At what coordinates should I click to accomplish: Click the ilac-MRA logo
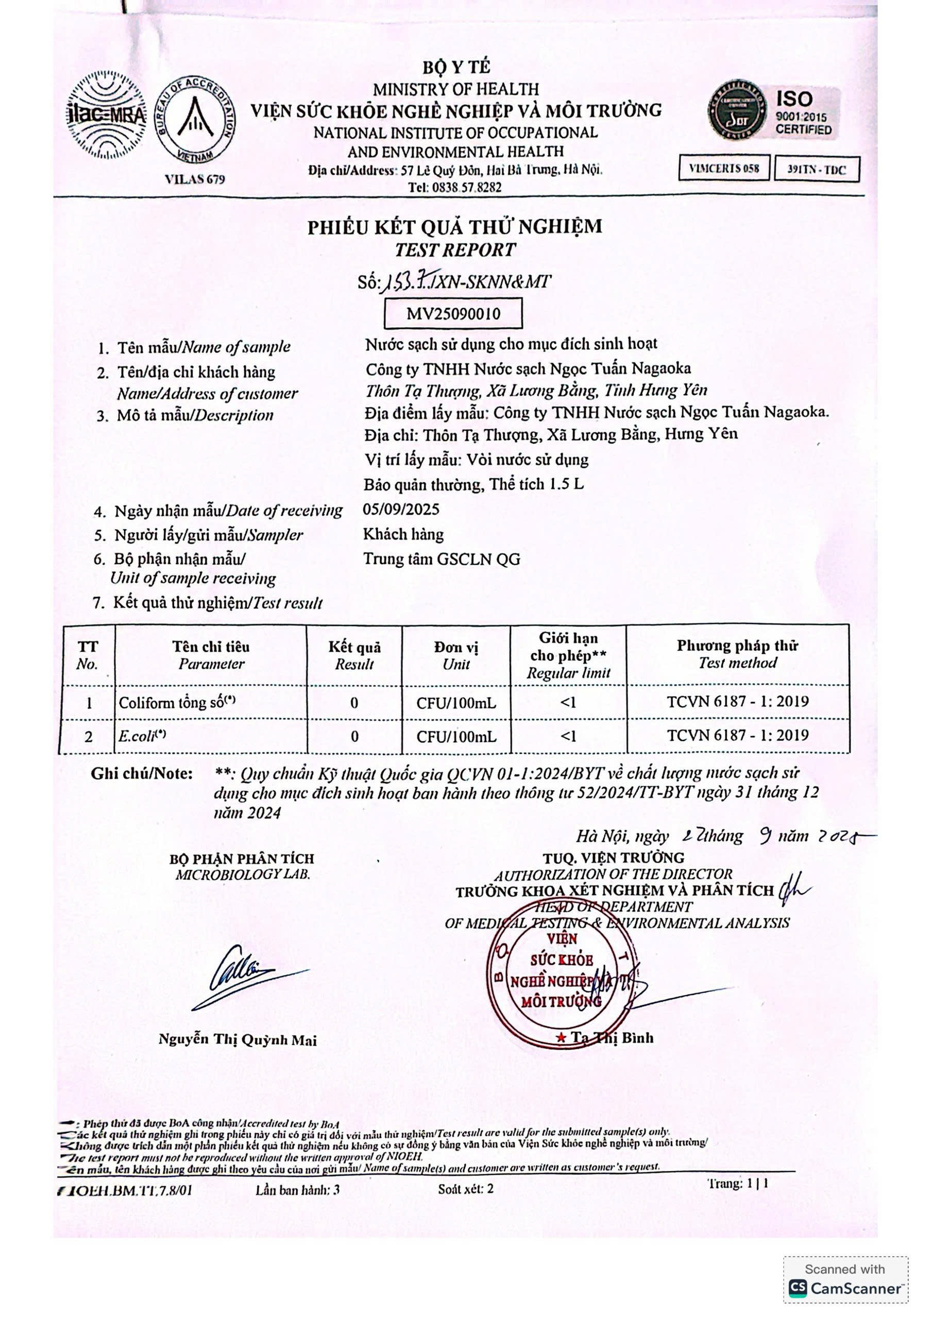pos(106,115)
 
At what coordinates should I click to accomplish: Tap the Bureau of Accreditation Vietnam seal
pos(196,120)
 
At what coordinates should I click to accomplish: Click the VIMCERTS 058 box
pos(724,168)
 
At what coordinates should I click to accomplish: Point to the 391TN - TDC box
pos(817,170)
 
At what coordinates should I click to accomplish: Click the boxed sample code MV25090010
pos(453,314)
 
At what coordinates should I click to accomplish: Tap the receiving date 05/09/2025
pos(401,510)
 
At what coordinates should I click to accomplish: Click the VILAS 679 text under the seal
pos(195,179)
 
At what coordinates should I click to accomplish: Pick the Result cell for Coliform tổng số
pos(354,703)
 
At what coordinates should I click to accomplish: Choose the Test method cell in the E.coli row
pos(738,736)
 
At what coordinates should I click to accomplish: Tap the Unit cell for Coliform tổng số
pos(456,703)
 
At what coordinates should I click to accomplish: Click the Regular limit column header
pos(568,655)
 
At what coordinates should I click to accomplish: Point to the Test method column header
pos(738,654)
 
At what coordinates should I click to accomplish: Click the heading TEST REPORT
pos(454,250)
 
